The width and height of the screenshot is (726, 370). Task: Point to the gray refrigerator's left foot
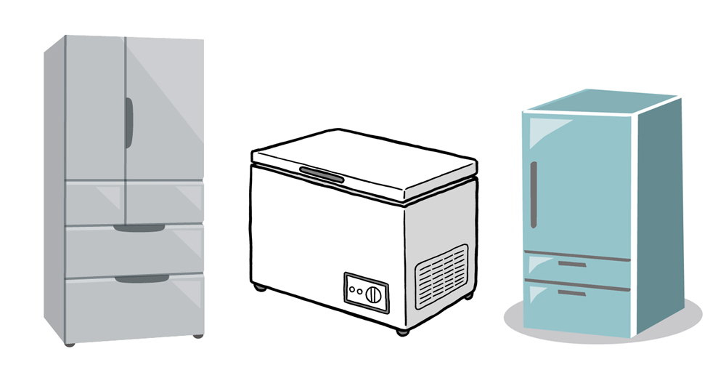(70, 342)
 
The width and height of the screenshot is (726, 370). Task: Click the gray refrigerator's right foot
(197, 337)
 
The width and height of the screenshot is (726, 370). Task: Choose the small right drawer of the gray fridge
(164, 203)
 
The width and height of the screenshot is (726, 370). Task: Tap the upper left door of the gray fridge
(94, 109)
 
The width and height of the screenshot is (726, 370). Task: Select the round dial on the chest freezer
(373, 294)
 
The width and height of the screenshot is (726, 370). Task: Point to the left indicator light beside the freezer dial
(351, 289)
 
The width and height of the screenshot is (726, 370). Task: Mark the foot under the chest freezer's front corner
(400, 331)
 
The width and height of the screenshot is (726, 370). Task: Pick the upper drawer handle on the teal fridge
(574, 265)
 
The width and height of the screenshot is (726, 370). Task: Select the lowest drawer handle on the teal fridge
(574, 293)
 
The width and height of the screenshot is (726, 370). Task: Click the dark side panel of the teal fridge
(661, 211)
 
